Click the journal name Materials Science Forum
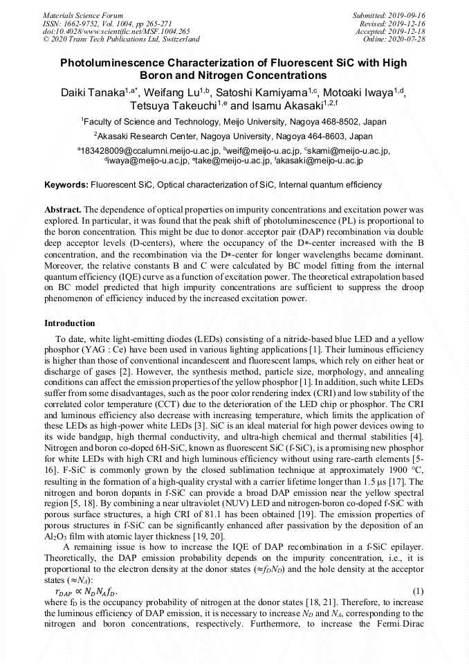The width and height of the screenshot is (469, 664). pos(83,15)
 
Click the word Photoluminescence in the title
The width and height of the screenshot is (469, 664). pos(122,63)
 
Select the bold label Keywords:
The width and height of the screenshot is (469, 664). pos(66,186)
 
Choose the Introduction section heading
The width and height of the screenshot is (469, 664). pos(70,323)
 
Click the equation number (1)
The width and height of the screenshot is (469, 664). pos(418,591)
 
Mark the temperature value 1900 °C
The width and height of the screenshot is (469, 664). pos(405,469)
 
